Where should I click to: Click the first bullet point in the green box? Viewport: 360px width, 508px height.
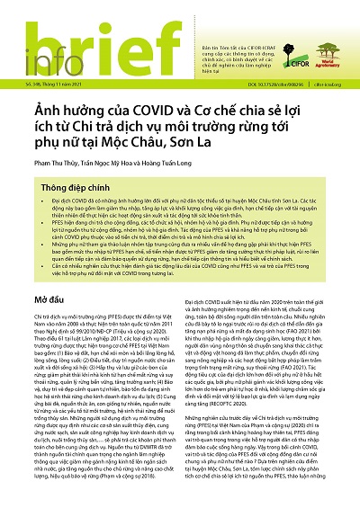[x=180, y=243]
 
